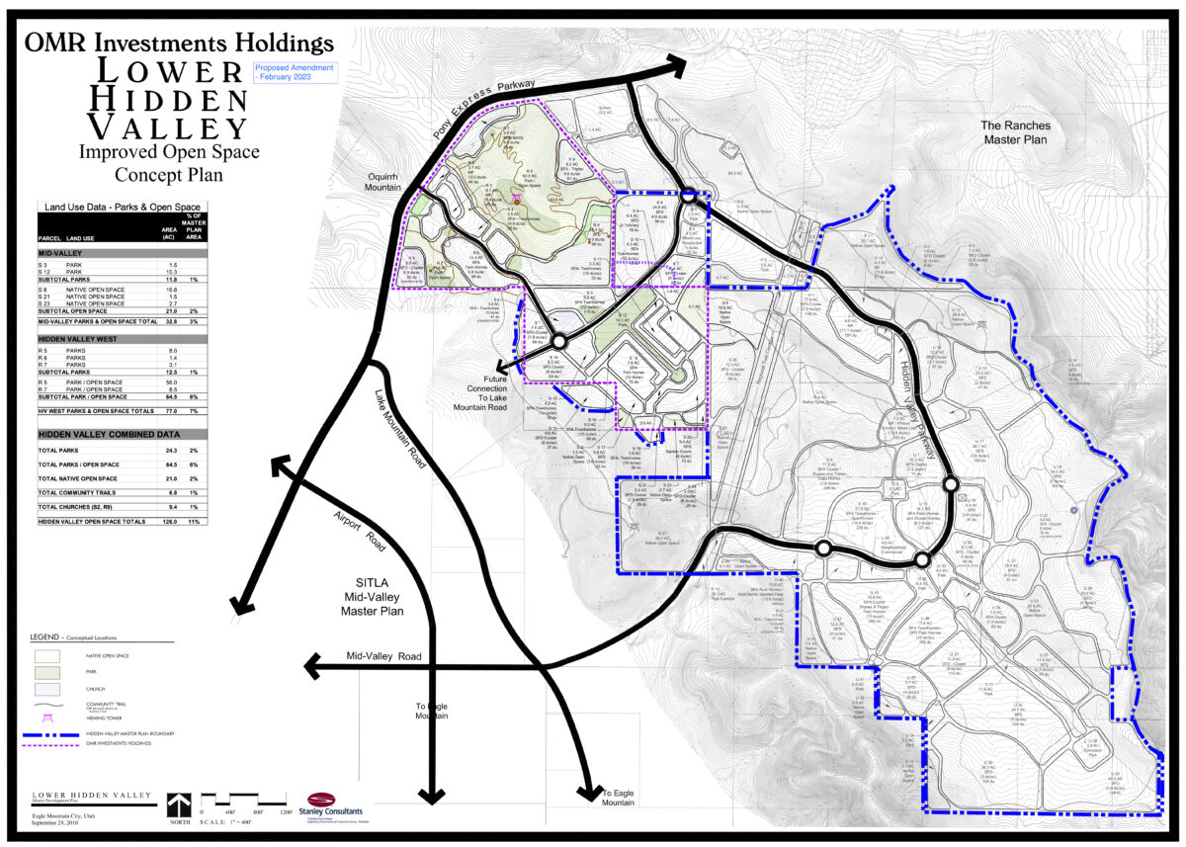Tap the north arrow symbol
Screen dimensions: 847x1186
click(179, 805)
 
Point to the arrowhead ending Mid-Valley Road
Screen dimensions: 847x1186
click(311, 667)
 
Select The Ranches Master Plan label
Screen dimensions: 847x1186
click(1015, 133)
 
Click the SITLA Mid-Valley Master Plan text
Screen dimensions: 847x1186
click(373, 596)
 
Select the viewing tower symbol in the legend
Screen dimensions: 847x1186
click(46, 720)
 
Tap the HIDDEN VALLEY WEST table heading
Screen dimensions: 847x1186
click(76, 338)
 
